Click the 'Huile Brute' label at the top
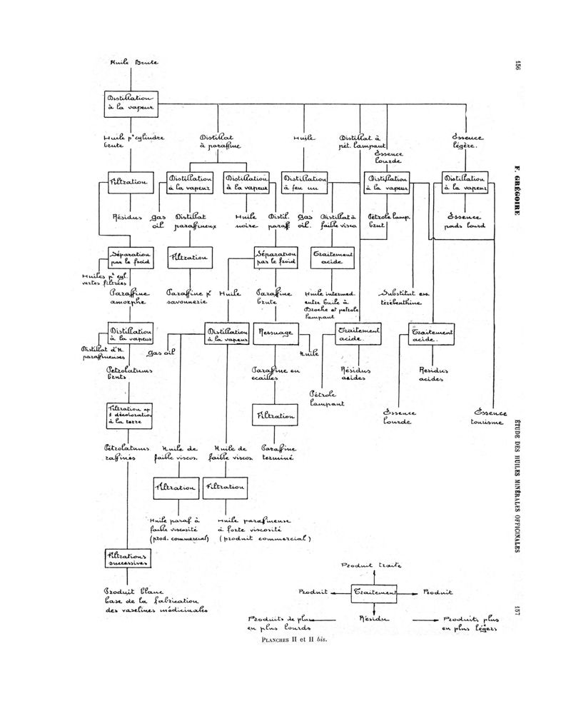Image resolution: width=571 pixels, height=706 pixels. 133,62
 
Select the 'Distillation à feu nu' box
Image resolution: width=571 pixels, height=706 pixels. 304,183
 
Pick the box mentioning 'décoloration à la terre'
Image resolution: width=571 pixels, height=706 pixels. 127,415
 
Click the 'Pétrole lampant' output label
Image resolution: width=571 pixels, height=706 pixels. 328,398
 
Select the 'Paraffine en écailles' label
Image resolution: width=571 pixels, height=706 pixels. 275,374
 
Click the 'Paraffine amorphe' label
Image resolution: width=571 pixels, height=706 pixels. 129,297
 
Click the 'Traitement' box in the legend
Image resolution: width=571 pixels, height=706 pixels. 374,592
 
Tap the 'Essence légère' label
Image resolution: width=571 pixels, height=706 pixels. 468,141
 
